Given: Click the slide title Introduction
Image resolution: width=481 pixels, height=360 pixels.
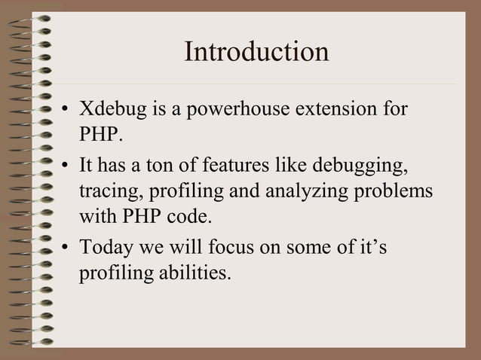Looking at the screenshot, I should (x=256, y=53).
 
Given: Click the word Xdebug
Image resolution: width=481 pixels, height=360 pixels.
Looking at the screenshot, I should (x=112, y=110).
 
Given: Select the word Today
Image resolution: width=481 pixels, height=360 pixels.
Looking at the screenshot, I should (x=107, y=246).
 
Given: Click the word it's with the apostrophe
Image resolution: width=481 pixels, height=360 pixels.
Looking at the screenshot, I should (x=371, y=246).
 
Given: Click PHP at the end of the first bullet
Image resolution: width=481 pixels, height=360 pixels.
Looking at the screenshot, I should (x=99, y=137).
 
